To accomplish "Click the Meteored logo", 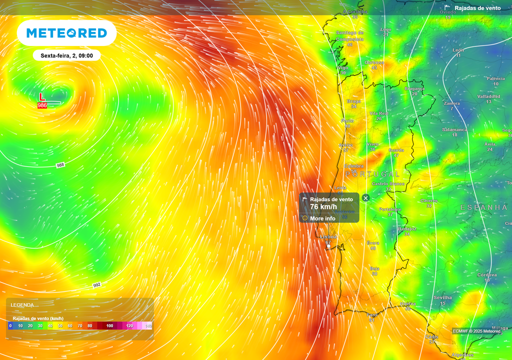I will [66, 33].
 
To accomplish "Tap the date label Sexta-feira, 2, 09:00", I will [66, 55].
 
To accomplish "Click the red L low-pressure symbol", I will [42, 96].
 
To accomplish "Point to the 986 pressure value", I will [42, 105].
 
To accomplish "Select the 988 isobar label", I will [60, 165].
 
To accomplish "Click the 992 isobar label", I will [97, 285].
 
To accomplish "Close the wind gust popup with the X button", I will [365, 198].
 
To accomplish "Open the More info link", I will [322, 218].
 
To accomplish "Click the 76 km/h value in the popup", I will [323, 207].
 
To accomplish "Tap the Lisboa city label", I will [328, 236].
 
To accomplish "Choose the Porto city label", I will [347, 121].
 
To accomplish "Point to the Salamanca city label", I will [454, 129].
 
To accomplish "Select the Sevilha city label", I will [442, 297].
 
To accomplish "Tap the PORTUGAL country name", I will [372, 174].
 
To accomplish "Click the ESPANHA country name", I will [484, 207].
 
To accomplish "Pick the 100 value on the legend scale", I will [110, 326].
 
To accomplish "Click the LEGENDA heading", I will [22, 305].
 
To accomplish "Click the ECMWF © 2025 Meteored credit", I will [476, 331].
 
